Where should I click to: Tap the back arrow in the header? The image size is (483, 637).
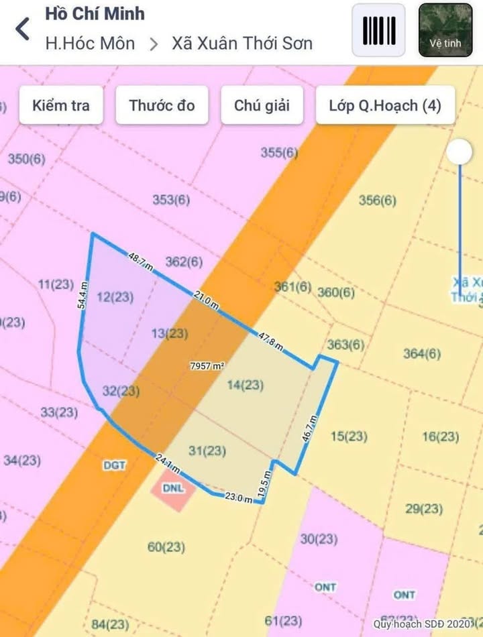tap(23, 30)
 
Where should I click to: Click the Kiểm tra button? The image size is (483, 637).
tap(61, 105)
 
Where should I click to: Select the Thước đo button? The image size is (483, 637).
tap(162, 105)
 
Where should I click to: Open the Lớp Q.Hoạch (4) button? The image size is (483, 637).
tap(385, 105)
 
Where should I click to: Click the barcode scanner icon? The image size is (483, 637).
tap(378, 30)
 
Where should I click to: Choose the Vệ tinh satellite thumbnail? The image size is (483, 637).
tap(445, 30)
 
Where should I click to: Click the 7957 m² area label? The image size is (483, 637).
tap(207, 366)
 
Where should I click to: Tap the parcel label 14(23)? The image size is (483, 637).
tap(245, 385)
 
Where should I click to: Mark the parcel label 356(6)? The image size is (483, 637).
tap(378, 200)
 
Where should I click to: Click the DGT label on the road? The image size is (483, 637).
tap(115, 465)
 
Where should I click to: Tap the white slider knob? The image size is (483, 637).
tap(460, 152)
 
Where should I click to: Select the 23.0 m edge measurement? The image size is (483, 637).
tap(238, 498)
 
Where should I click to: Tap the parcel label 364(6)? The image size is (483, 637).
tap(422, 354)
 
